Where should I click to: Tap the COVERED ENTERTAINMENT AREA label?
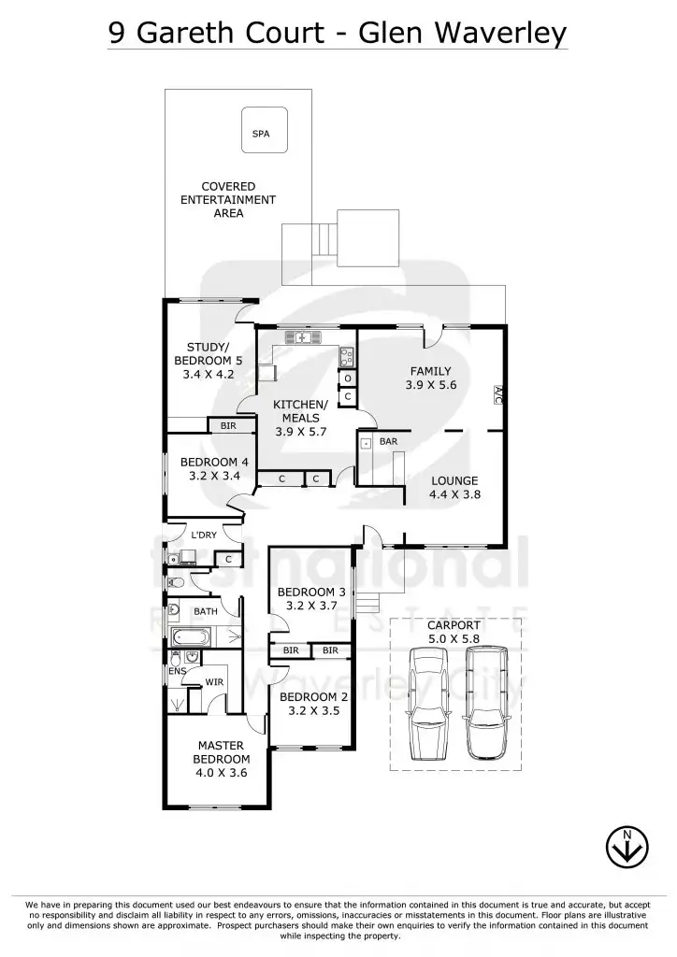(x=228, y=200)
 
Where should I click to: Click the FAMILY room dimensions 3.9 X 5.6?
(x=431, y=385)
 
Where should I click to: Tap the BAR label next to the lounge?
(x=389, y=440)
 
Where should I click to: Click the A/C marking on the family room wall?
(x=497, y=393)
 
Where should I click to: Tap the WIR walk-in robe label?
(x=214, y=681)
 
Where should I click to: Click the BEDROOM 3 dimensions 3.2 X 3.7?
(x=311, y=606)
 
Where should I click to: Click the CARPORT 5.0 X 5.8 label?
(x=454, y=632)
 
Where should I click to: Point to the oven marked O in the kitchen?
(x=347, y=378)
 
